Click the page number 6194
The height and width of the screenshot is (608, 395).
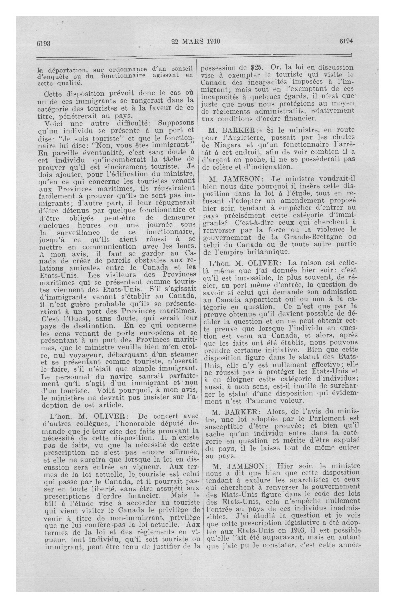click(346, 42)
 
